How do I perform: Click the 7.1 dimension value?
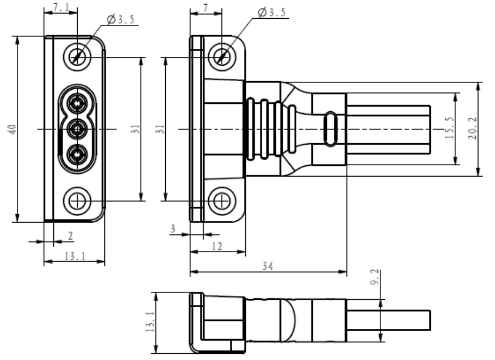(x=60, y=7)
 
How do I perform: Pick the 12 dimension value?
(x=217, y=245)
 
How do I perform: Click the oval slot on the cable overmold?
(x=331, y=129)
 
